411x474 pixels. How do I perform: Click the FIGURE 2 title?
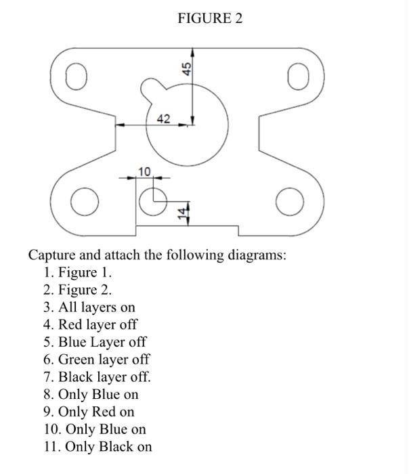coord(209,18)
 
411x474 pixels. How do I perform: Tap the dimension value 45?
coord(185,68)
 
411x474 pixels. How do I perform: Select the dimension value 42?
coord(163,118)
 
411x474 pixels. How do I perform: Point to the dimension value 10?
coord(144,171)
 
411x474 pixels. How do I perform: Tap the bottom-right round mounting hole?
coord(289,201)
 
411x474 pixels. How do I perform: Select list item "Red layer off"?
coord(98,324)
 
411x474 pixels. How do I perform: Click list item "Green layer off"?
coord(104,360)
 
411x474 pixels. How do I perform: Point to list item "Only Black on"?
coord(105,447)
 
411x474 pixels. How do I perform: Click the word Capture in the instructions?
coord(53,255)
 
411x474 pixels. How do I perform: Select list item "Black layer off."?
coord(104,377)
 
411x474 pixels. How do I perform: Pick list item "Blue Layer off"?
coord(102,342)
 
